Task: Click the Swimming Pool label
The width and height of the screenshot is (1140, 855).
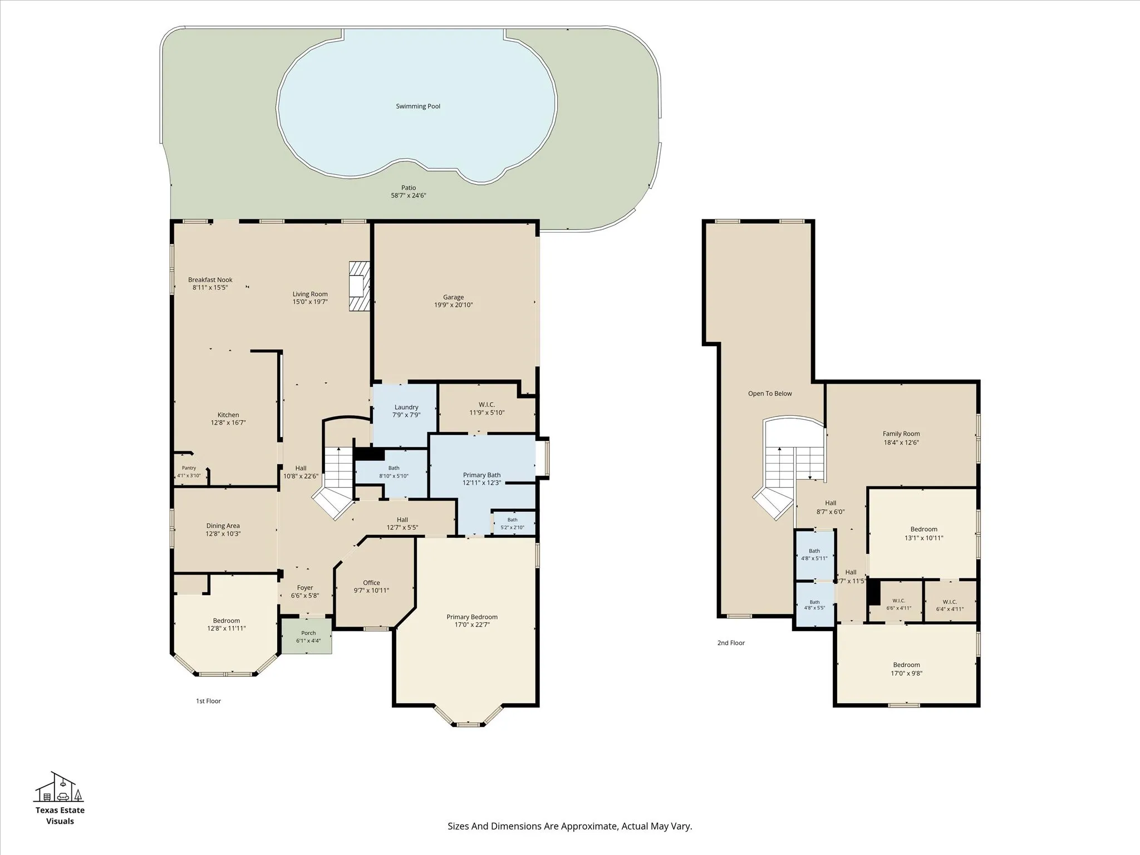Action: [x=418, y=106]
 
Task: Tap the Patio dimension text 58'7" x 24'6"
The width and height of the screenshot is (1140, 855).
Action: [x=409, y=195]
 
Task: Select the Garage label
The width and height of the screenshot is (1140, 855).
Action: [x=454, y=297]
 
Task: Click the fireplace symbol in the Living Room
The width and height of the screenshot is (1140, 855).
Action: [x=359, y=286]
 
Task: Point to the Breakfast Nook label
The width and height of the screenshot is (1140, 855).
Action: [x=210, y=280]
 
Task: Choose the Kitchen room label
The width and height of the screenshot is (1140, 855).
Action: [x=228, y=415]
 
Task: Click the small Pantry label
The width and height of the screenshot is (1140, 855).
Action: [x=189, y=468]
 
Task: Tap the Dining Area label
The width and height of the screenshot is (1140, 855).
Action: [x=223, y=525]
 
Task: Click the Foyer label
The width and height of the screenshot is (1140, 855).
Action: [x=305, y=587]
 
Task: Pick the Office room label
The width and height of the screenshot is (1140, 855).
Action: [x=371, y=583]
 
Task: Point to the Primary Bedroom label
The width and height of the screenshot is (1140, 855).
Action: [x=472, y=617]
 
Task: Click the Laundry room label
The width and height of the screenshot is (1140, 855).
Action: [x=406, y=407]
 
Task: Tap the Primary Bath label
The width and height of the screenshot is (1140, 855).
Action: [x=482, y=475]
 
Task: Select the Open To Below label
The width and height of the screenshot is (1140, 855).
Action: [x=770, y=394]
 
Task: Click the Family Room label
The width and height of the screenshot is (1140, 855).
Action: [x=901, y=434]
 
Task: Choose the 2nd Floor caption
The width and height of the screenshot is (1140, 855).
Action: [x=731, y=643]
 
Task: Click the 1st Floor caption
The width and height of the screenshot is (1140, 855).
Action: [x=208, y=701]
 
